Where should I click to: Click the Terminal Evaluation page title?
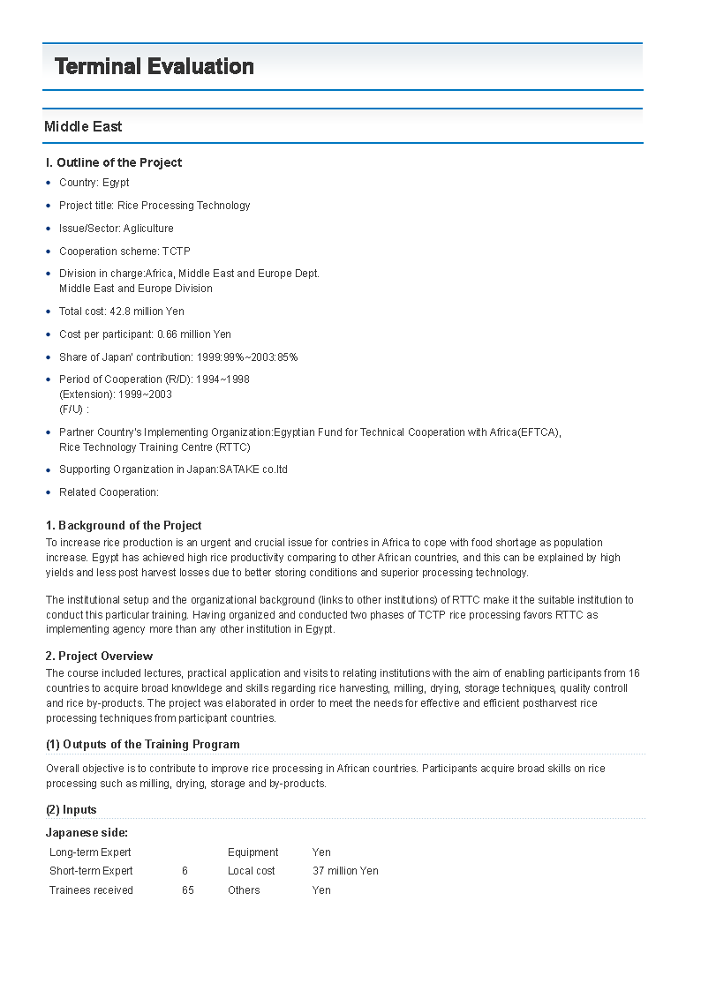tap(155, 67)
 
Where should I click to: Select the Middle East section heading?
tap(83, 127)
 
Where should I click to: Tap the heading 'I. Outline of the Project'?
tap(114, 162)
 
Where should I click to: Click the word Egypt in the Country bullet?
tap(116, 183)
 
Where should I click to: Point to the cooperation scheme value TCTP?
tap(176, 252)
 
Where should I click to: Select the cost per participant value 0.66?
tap(169, 334)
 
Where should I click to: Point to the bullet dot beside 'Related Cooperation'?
tap(49, 492)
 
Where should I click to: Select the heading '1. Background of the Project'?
tap(124, 526)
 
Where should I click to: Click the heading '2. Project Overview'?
tap(99, 657)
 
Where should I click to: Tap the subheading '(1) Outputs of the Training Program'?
tap(142, 745)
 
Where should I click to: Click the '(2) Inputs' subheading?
tap(72, 810)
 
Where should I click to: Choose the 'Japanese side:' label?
tap(87, 833)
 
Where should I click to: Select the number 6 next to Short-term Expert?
tap(185, 871)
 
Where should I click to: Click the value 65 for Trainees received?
tap(188, 890)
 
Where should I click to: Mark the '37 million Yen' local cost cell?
tap(345, 871)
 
